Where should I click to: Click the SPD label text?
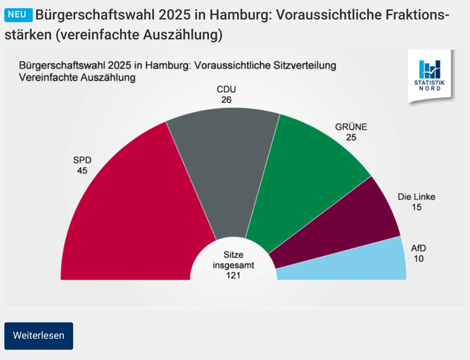click(82, 160)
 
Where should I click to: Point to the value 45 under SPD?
click(82, 171)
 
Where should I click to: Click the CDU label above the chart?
click(226, 90)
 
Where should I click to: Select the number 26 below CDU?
click(226, 100)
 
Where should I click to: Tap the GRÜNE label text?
click(351, 127)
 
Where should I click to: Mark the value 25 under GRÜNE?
click(351, 137)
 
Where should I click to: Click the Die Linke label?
click(416, 197)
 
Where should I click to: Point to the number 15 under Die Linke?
click(416, 208)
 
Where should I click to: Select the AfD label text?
click(418, 249)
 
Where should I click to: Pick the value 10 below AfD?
click(418, 259)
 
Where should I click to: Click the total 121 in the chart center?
click(233, 275)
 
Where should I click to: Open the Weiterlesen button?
click(39, 336)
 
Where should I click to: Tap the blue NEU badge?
click(19, 15)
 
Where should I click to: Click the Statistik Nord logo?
click(429, 75)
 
